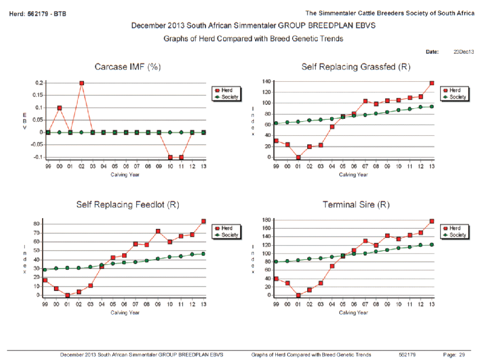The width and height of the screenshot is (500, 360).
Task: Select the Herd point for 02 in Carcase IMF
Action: tap(82, 83)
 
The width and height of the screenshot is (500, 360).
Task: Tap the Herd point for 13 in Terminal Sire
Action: tap(432, 221)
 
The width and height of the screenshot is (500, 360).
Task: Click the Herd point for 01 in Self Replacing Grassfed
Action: tap(298, 158)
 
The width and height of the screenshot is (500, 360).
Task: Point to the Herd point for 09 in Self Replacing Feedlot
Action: tap(159, 231)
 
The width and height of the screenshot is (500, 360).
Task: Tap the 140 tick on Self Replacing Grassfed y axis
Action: tap(266, 81)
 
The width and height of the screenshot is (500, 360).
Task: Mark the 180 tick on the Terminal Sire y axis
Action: tap(266, 219)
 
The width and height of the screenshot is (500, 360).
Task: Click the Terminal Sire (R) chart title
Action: tap(356, 205)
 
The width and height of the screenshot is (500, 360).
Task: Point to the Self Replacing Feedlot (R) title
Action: tap(127, 205)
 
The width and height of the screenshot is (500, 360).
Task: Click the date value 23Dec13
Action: tap(464, 52)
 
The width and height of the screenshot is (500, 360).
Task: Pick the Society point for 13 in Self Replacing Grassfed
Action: tap(432, 107)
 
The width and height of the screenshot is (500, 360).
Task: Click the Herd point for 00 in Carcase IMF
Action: tap(59, 108)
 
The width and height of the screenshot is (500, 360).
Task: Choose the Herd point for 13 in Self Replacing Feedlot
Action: tap(203, 221)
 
